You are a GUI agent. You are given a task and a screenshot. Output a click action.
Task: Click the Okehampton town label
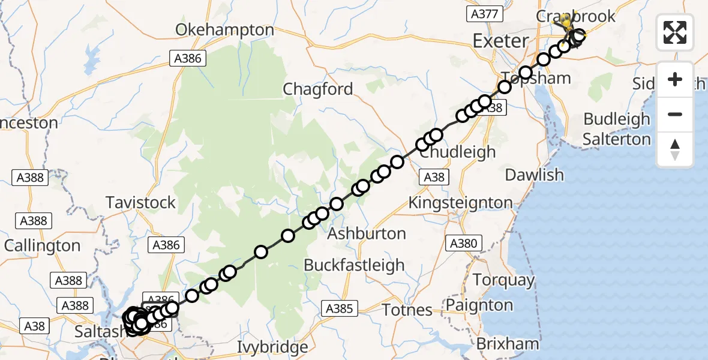(225, 29)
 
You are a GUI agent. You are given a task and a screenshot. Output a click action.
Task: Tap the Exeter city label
(500, 41)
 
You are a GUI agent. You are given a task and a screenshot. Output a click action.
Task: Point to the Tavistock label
(141, 202)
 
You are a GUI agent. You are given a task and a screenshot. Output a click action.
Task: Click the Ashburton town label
(367, 233)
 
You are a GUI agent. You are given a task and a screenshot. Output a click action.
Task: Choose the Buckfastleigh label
(354, 265)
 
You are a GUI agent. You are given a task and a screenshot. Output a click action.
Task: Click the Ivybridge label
(272, 347)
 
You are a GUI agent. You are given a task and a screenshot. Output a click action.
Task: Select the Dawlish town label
(534, 175)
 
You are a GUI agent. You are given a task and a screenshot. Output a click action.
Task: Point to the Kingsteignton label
(460, 203)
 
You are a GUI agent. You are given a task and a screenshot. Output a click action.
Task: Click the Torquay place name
(503, 280)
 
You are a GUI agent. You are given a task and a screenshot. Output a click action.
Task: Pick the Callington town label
(42, 245)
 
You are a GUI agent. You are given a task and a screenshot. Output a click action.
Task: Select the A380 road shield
(463, 243)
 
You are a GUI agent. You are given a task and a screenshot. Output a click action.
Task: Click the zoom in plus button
(675, 80)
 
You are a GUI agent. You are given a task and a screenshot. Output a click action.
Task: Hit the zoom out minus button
(675, 115)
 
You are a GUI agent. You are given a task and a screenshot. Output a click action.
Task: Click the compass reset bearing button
(675, 149)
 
